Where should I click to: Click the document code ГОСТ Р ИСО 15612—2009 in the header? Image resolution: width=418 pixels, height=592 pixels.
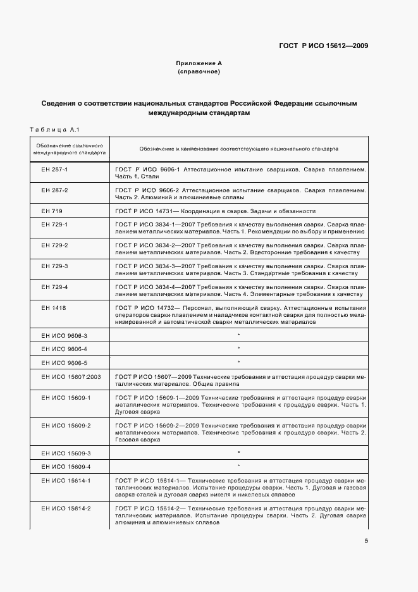324,46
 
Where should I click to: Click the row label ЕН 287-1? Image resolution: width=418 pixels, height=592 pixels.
54,171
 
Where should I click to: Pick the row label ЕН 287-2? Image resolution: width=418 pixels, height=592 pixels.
54,190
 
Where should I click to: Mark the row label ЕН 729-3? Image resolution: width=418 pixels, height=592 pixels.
54,266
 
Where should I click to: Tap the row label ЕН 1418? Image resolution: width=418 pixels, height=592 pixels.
53,307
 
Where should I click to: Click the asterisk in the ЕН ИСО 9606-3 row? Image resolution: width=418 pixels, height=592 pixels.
238,335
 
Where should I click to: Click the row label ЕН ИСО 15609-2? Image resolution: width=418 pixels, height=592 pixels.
66,426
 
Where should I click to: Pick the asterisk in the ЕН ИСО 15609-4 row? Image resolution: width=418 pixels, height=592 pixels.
238,467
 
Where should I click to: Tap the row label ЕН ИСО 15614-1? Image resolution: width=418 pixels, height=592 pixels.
66,481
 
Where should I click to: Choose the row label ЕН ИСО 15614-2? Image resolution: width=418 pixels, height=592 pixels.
66,509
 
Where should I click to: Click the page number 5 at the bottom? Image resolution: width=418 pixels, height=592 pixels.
366,541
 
